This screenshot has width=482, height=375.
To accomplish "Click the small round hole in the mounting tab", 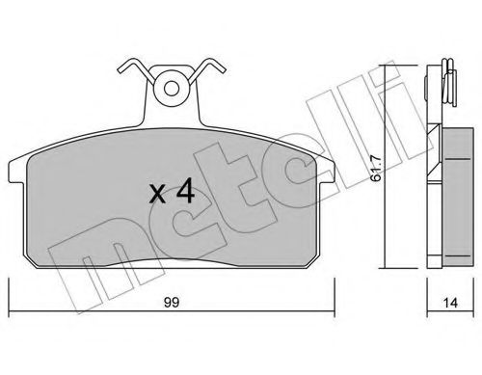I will pos(172,89).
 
